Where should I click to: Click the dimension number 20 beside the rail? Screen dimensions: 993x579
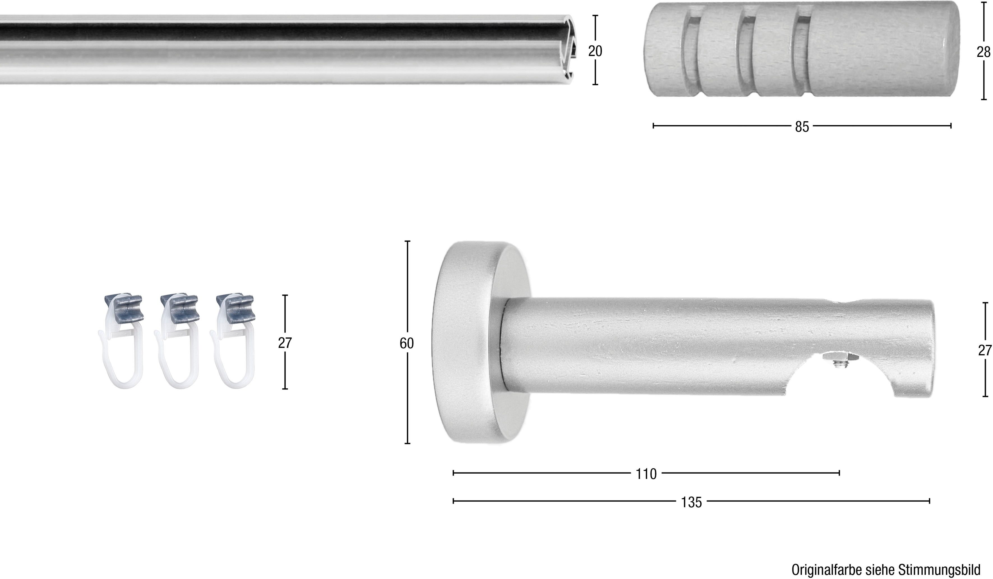tap(595, 51)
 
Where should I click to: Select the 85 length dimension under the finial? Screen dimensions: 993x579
tap(802, 127)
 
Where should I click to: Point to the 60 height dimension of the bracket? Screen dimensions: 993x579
tap(407, 343)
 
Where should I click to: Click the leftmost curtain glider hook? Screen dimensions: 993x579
tap(121, 342)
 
